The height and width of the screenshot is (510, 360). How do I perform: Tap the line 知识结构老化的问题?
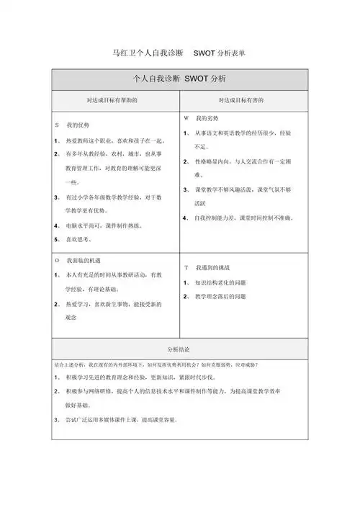[x=225, y=282]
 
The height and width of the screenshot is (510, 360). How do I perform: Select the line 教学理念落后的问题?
[x=225, y=296]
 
